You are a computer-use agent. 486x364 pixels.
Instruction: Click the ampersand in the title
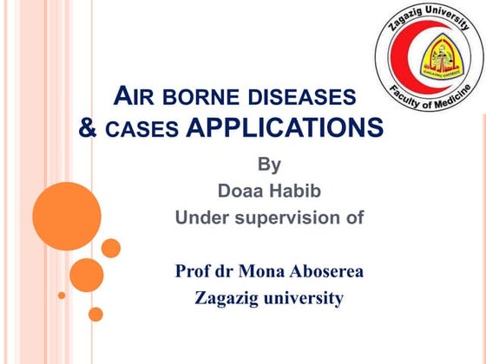89,128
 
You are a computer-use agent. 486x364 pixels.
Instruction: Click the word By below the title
270,163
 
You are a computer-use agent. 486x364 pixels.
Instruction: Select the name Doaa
240,190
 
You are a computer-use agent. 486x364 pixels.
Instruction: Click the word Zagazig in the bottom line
227,299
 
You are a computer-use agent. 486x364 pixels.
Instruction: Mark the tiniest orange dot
62,295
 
